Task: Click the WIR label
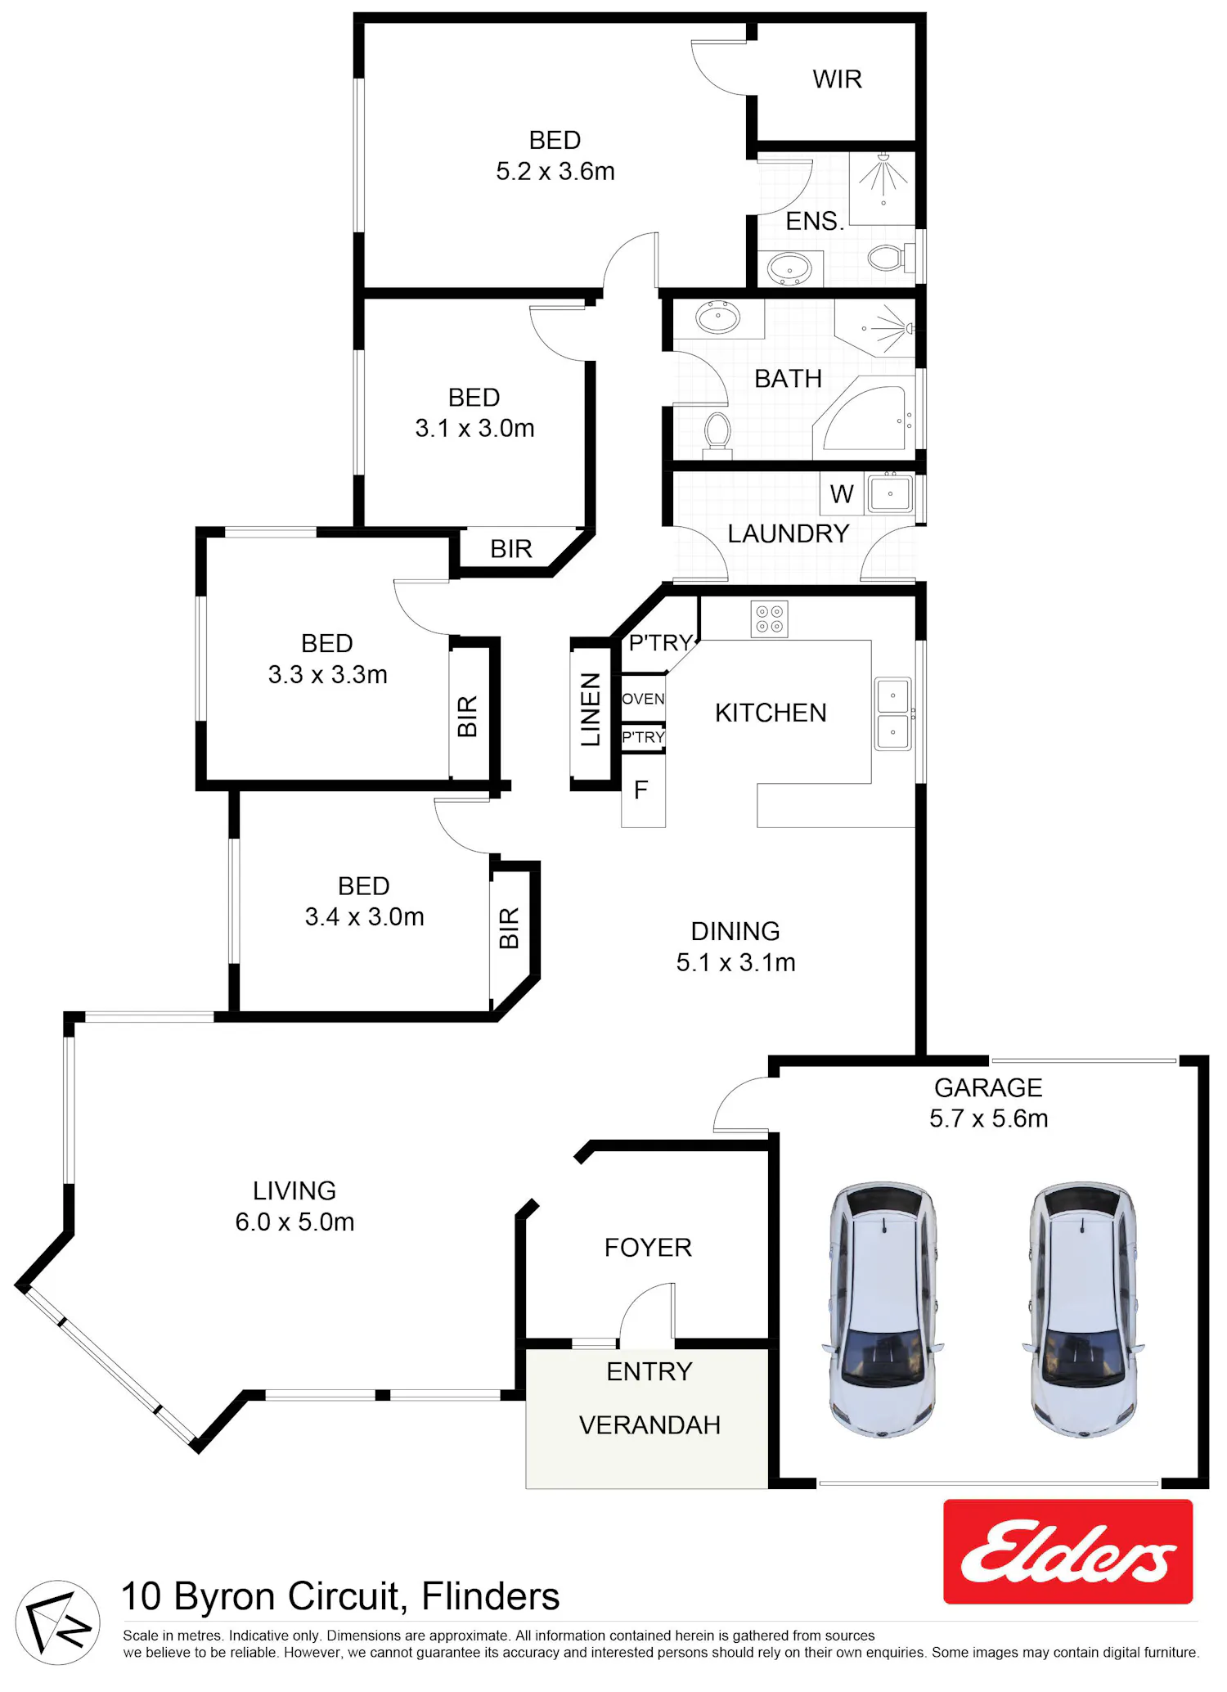837,79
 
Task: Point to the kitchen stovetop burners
769,619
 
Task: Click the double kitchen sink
892,713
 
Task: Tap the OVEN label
643,699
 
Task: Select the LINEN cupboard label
591,709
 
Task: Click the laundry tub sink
890,493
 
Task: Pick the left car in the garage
883,1309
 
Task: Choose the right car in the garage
1083,1309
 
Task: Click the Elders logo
1068,1551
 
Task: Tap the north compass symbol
57,1622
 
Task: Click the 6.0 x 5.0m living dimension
294,1222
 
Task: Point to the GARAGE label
988,1087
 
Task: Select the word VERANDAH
649,1425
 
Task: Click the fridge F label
641,790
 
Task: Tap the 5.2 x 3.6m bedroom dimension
555,171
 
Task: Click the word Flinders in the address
491,1596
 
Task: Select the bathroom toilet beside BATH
717,431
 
